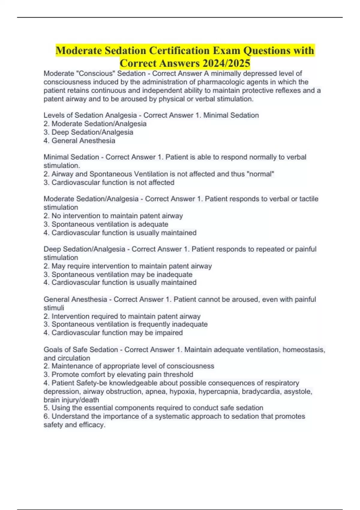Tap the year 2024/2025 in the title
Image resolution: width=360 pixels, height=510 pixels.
tap(226, 63)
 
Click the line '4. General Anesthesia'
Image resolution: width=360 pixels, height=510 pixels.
tap(79, 141)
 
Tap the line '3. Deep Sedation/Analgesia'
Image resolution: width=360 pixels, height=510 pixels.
tap(88, 132)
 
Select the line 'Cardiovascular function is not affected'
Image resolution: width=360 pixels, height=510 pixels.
tap(113, 182)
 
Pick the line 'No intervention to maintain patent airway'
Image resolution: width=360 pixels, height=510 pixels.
tap(117, 216)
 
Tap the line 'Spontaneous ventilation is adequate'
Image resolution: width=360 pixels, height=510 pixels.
tap(110, 224)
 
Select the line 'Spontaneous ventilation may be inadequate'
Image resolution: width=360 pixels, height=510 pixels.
tap(122, 274)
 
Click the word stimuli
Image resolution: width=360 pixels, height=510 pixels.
tap(54, 308)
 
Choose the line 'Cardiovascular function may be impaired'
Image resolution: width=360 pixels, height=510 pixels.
tap(117, 333)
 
